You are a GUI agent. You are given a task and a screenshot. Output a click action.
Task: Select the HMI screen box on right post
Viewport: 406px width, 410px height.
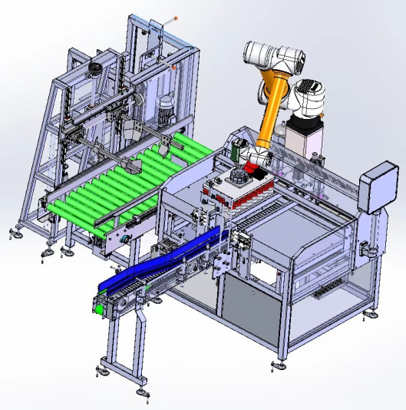point(378,188)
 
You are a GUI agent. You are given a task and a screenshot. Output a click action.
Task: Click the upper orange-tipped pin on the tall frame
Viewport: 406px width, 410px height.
point(177,17)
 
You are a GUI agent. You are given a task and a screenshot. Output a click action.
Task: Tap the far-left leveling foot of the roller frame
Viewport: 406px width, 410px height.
point(13,232)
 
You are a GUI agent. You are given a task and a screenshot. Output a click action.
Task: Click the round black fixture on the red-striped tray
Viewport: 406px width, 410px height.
point(237,178)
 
